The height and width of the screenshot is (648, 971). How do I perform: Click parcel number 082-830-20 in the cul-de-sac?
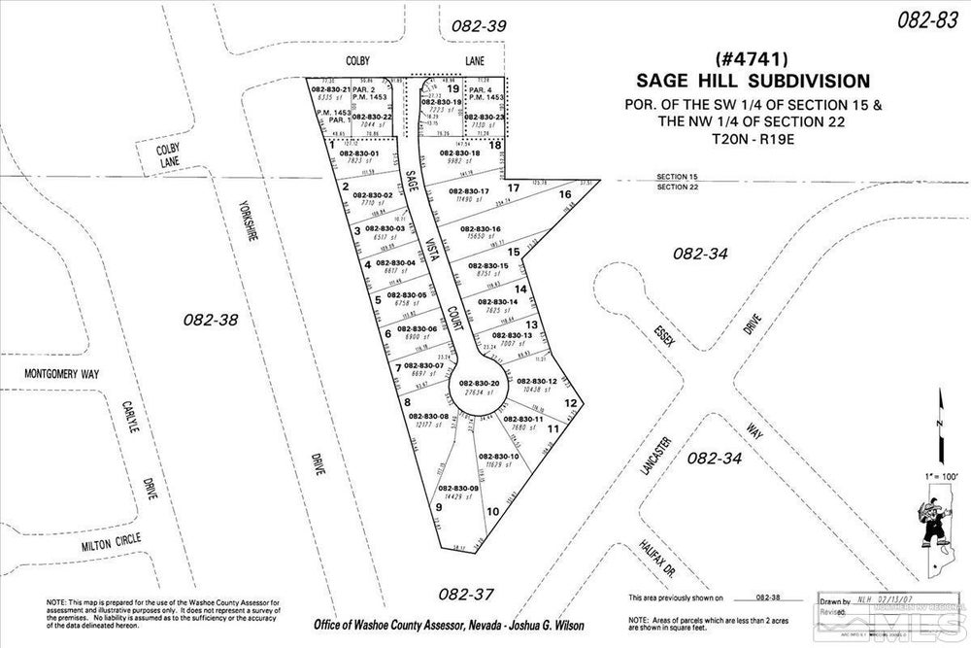pos(480,384)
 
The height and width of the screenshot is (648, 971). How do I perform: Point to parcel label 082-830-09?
pos(458,488)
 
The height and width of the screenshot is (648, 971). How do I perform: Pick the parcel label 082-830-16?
pos(480,229)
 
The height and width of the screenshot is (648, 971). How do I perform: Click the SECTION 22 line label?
pos(677,188)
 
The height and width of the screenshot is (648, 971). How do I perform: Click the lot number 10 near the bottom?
pos(493,511)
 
